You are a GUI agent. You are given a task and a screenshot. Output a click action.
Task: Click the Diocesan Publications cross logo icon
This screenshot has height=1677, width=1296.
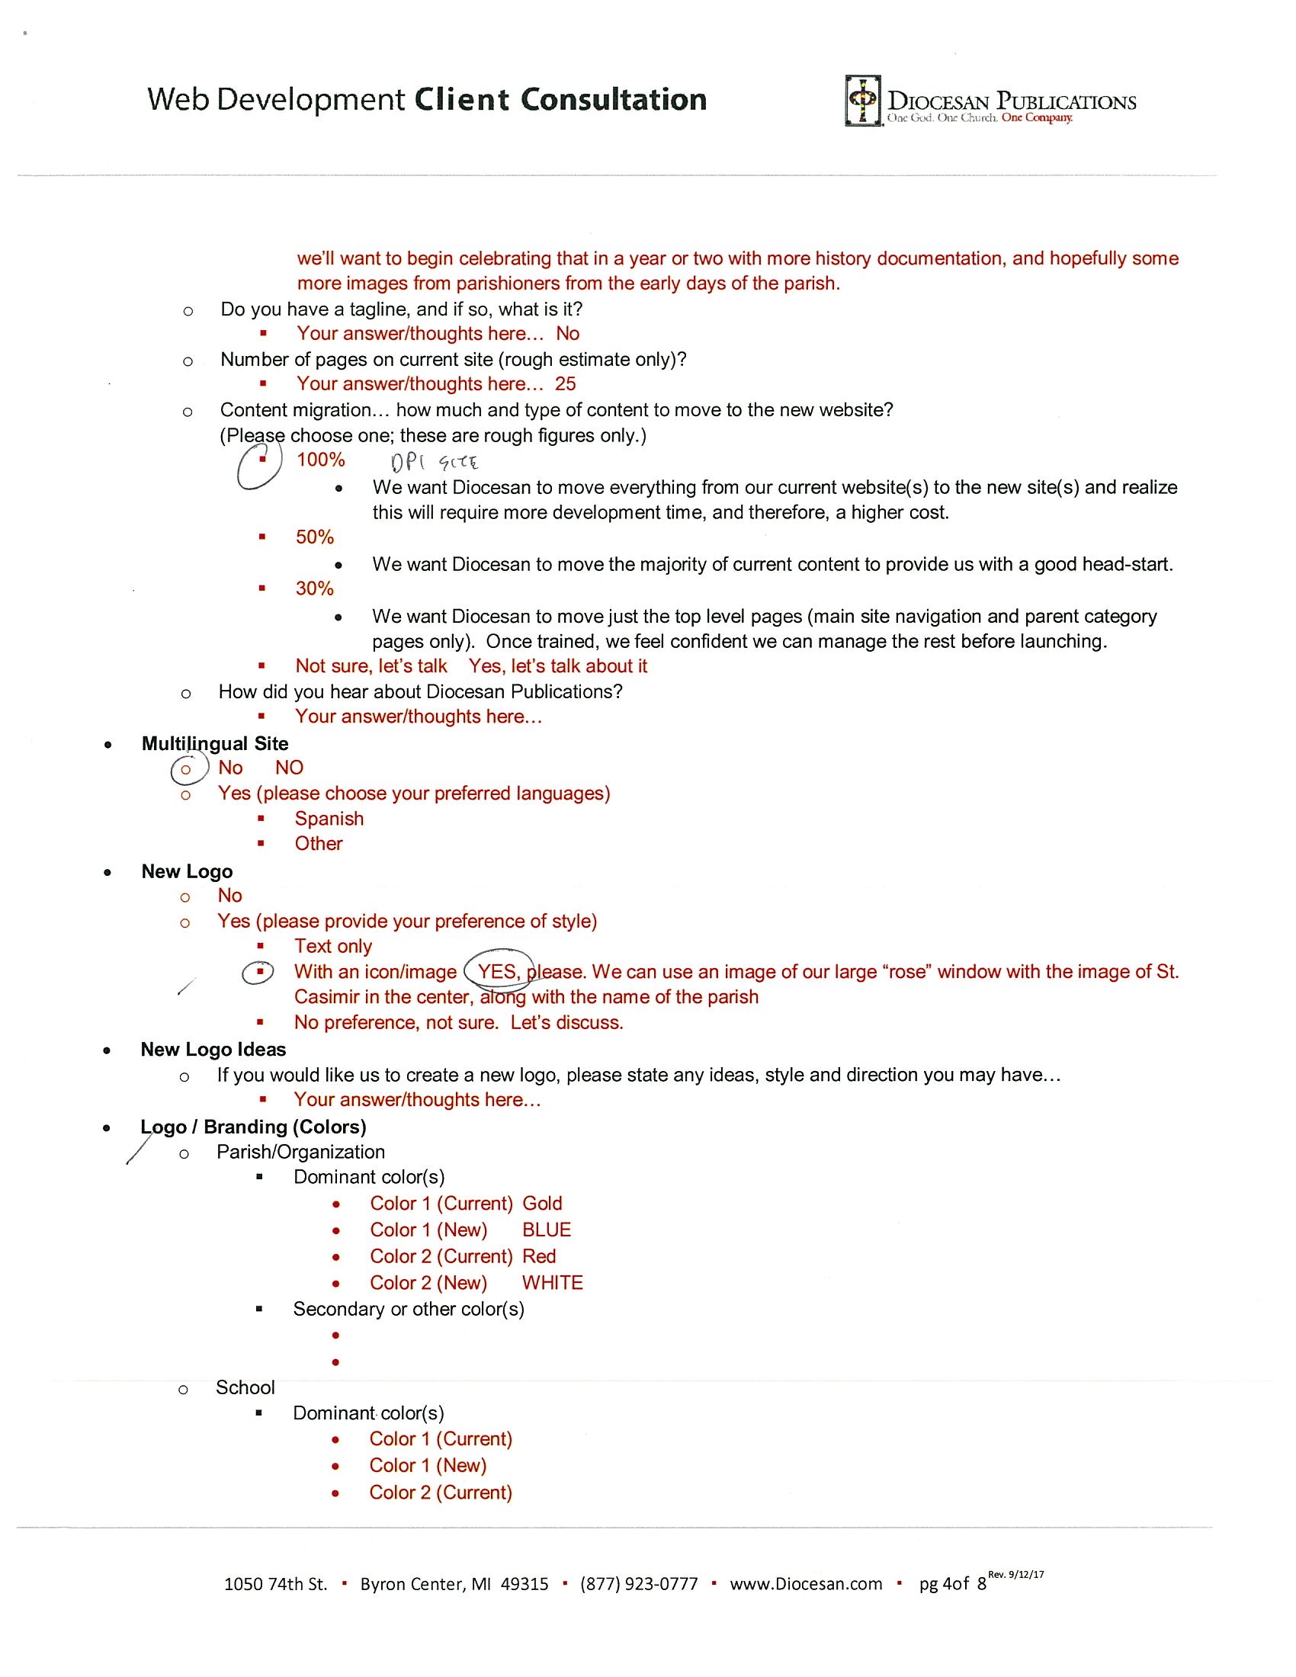(862, 100)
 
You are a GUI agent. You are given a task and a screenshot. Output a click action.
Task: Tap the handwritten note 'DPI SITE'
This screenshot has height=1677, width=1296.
(435, 462)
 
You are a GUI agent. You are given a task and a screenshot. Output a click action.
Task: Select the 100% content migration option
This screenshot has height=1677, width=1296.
(321, 460)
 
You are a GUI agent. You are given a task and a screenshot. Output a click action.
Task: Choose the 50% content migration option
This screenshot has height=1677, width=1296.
(315, 537)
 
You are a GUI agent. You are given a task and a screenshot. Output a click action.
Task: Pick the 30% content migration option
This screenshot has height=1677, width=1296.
(315, 589)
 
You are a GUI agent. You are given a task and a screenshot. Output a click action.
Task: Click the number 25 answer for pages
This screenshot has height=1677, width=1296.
(565, 384)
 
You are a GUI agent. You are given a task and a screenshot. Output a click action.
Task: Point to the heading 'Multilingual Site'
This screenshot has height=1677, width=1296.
(215, 743)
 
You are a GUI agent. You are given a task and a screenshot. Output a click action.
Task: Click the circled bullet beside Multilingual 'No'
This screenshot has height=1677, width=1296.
(186, 768)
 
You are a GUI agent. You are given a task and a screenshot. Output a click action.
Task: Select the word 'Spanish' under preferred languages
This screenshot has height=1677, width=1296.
(329, 819)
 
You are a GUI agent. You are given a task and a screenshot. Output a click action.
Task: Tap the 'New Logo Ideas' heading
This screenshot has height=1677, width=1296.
(213, 1050)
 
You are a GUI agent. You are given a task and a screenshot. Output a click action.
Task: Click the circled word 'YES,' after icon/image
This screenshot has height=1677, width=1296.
(499, 972)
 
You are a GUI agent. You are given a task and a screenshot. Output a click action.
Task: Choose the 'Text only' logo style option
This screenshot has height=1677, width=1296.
(333, 946)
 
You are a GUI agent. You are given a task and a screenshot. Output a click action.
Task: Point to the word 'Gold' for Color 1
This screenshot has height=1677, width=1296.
(542, 1203)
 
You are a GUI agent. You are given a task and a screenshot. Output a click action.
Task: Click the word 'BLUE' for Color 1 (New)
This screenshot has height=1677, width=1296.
(547, 1230)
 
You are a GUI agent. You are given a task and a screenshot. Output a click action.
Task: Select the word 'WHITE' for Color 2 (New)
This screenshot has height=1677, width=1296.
(553, 1282)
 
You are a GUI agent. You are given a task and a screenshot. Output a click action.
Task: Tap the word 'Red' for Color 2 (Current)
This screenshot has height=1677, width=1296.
(539, 1256)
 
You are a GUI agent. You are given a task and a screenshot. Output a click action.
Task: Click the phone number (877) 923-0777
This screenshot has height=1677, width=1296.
(639, 1584)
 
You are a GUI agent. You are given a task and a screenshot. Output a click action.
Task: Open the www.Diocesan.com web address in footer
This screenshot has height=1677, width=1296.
(806, 1584)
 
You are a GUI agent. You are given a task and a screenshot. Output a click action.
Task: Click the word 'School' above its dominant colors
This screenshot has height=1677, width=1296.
(245, 1387)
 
